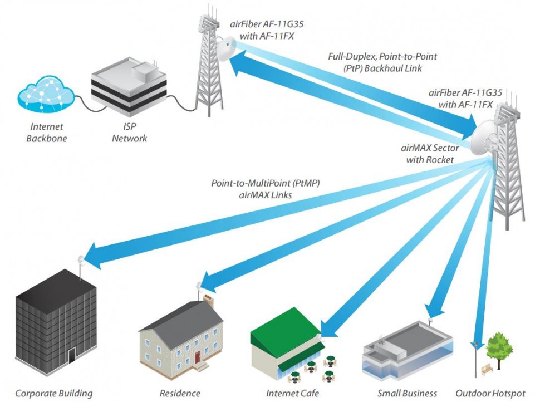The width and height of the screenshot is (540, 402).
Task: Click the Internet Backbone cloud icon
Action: pos(46,96)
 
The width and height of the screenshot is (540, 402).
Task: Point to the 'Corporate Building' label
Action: pos(54,393)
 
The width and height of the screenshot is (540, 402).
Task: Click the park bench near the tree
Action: pos(487,367)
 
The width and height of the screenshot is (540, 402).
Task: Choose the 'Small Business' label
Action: pos(407,393)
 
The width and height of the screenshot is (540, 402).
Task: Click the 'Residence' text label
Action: pos(180,393)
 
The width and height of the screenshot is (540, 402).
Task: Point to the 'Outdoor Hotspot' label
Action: pos(490,393)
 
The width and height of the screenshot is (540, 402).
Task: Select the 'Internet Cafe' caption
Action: pos(293,393)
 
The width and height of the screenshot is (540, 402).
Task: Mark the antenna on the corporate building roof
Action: pos(80,261)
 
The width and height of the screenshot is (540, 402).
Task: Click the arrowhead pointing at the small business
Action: pos(431,308)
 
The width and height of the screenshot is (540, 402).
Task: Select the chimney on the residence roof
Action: pos(209,301)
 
